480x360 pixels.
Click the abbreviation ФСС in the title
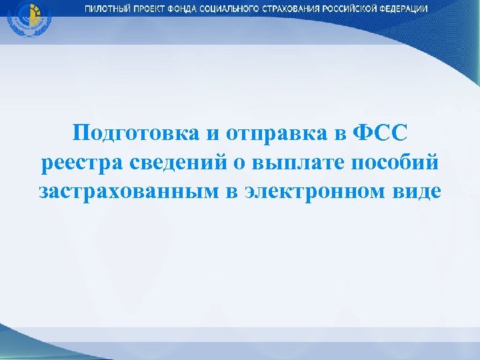(378, 132)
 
